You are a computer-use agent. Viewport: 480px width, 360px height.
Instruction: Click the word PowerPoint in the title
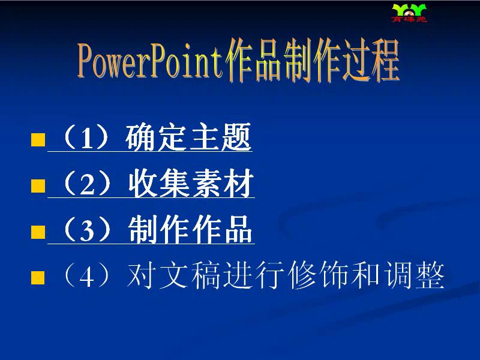tap(151, 61)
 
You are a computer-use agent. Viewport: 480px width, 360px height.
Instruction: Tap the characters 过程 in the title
tap(371, 61)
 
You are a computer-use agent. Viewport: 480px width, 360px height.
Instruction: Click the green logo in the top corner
tap(409, 13)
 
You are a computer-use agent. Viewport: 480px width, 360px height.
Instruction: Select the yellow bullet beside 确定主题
tap(38, 140)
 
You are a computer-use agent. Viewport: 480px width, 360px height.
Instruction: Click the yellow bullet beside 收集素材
tap(38, 186)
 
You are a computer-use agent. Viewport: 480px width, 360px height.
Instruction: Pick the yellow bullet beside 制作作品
tap(38, 232)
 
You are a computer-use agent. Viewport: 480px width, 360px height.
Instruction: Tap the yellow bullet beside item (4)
tap(38, 278)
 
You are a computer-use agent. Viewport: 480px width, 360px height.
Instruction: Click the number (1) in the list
tap(86, 137)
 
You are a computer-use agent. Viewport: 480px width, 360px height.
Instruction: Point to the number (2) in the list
tap(87, 184)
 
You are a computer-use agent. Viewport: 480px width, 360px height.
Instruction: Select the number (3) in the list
tap(87, 230)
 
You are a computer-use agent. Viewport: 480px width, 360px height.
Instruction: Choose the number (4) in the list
tap(86, 275)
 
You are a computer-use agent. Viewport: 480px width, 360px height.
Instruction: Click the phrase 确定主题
tap(188, 137)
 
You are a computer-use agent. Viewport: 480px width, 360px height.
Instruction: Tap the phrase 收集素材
tap(191, 183)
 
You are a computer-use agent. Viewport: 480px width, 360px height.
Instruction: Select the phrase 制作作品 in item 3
tap(190, 229)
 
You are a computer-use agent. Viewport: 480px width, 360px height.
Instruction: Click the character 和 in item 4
tap(366, 275)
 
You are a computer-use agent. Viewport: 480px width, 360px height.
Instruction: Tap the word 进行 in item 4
tap(254, 275)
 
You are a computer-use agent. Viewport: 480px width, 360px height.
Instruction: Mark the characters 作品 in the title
tap(253, 61)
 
